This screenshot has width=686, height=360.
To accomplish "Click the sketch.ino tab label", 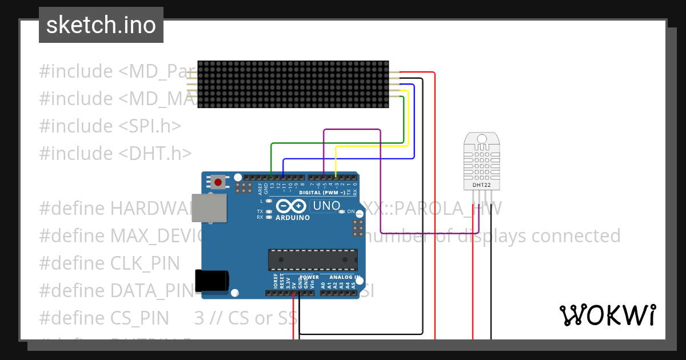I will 101,25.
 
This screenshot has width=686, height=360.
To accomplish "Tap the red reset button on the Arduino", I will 218,183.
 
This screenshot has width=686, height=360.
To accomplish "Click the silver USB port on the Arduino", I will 209,207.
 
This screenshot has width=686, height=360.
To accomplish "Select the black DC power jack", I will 212,281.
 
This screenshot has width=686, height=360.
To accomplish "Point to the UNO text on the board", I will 327,206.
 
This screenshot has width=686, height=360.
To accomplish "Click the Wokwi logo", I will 607,315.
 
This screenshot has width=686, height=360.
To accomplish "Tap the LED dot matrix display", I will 293,84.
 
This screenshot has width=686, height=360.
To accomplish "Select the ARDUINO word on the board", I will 293,218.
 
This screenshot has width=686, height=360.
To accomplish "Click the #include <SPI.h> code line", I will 110,126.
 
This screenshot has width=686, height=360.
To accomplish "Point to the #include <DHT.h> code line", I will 115,153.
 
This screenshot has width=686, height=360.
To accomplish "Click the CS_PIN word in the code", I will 139,318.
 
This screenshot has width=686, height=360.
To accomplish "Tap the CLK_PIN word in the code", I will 145,263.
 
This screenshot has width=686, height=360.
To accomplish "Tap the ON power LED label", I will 351,211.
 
